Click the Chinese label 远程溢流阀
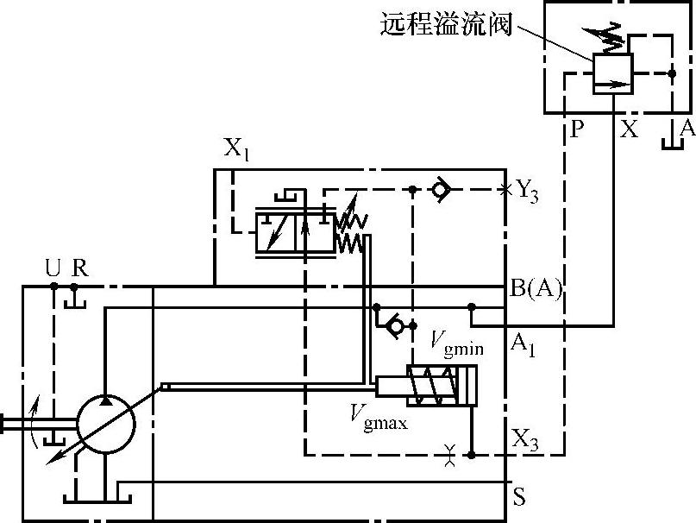(445, 24)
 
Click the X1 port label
(236, 148)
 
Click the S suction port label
(519, 497)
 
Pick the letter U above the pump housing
(53, 267)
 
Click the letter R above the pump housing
(78, 267)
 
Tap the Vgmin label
(456, 342)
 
